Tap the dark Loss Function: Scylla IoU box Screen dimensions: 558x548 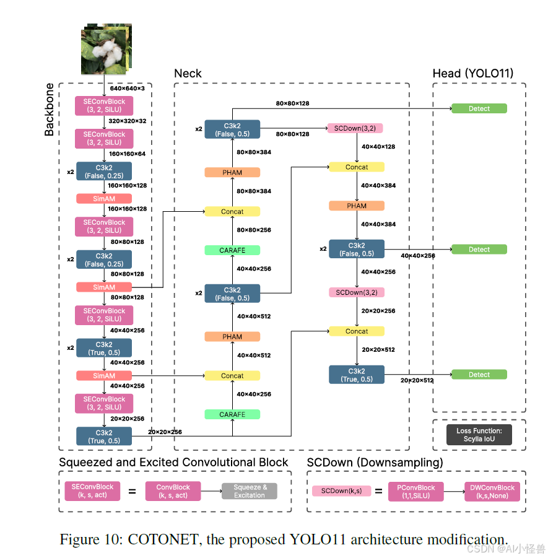tap(479, 435)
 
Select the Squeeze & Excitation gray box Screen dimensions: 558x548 tap(250, 491)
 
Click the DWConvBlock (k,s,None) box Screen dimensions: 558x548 tap(492, 492)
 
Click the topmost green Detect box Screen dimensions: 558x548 tap(479, 108)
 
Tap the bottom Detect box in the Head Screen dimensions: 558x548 tap(479, 375)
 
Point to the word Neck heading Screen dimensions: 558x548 tap(188, 74)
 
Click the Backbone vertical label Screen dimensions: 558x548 tap(50, 110)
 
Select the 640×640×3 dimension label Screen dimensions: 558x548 tap(127, 89)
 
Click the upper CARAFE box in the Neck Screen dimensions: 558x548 tap(232, 250)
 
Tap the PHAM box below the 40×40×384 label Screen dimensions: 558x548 tap(357, 206)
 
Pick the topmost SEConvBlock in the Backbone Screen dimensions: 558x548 tap(104, 105)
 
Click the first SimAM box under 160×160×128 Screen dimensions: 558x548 tap(104, 199)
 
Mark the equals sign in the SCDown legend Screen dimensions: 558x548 tap(379, 492)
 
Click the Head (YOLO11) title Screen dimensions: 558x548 tap(473, 74)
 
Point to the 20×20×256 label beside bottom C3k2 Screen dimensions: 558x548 tap(164, 432)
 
